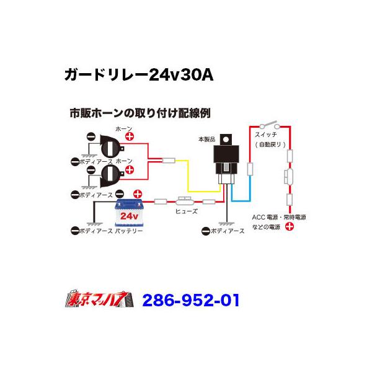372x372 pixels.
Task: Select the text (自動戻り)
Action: click(x=269, y=144)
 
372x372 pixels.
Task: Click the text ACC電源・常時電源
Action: click(x=279, y=217)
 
